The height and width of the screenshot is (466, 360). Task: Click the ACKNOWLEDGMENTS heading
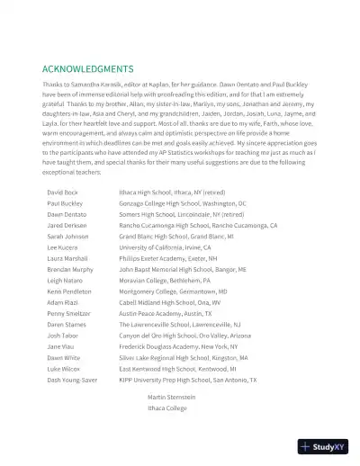click(x=88, y=69)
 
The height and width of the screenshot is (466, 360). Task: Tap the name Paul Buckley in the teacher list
click(x=65, y=204)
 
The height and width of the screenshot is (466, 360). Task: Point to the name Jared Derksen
click(x=67, y=226)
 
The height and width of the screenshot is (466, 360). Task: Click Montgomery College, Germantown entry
click(x=173, y=291)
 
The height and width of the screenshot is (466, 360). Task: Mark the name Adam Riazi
click(x=62, y=302)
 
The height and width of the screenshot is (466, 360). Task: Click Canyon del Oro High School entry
click(x=186, y=336)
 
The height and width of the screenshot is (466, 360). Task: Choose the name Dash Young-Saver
click(x=73, y=380)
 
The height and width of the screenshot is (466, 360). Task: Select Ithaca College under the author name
click(x=166, y=408)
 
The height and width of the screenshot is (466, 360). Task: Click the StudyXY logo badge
click(x=325, y=446)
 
